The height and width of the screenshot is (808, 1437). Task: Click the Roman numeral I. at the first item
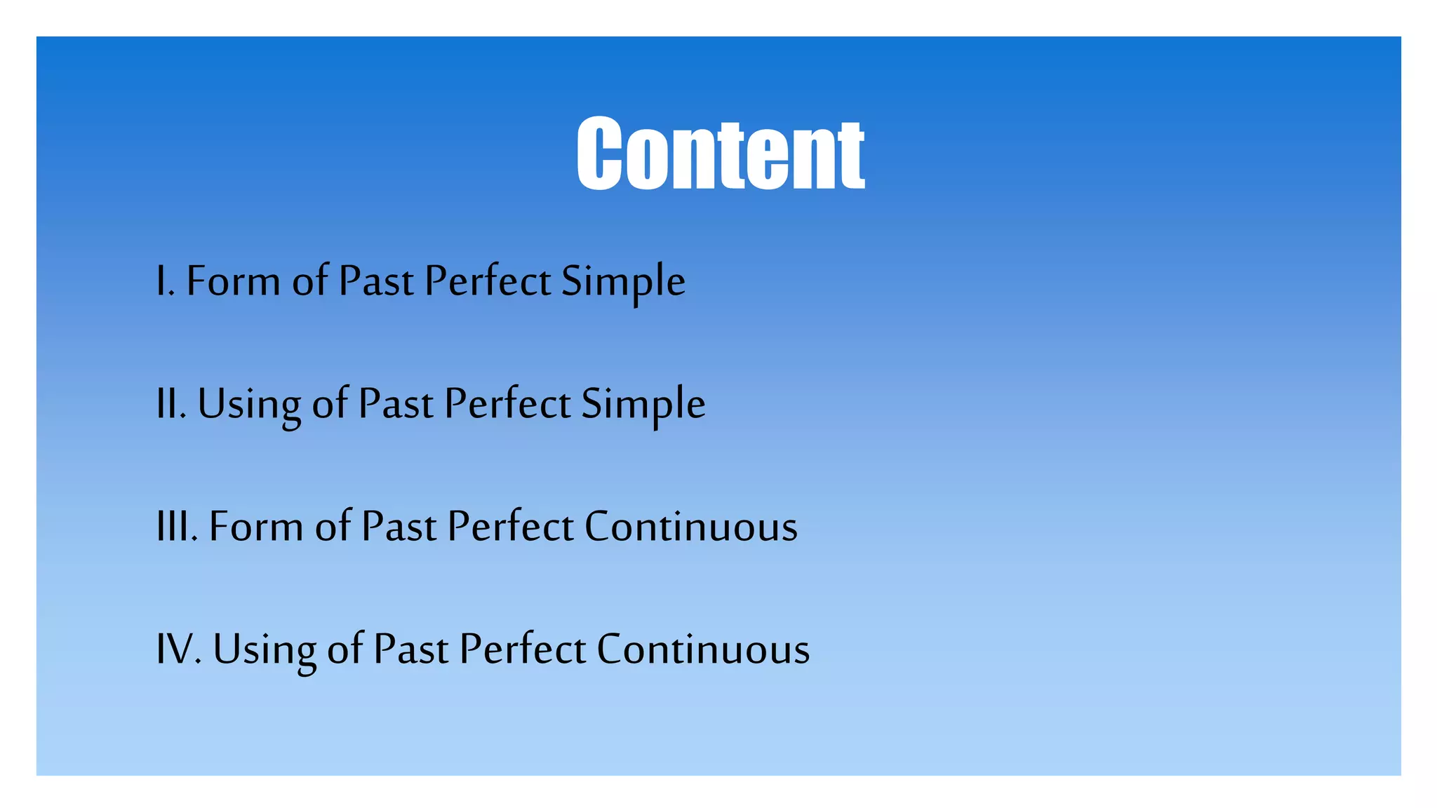pyautogui.click(x=165, y=281)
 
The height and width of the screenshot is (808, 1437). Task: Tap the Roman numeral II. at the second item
pyautogui.click(x=171, y=404)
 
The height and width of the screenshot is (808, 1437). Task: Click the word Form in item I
pyautogui.click(x=233, y=281)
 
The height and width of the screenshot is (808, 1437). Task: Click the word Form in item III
pyautogui.click(x=255, y=527)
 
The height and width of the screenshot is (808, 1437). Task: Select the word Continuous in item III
pyautogui.click(x=691, y=527)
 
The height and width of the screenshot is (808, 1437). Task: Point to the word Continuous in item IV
pyautogui.click(x=703, y=649)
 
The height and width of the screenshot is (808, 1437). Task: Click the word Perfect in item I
pyautogui.click(x=488, y=281)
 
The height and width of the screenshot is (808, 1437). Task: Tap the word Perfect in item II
pyautogui.click(x=507, y=404)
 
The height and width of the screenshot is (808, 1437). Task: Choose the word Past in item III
pyautogui.click(x=399, y=527)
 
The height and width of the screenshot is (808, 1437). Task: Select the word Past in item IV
pyautogui.click(x=410, y=649)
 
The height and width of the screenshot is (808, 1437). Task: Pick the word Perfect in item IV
pyautogui.click(x=523, y=649)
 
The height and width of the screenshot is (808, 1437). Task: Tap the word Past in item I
pyautogui.click(x=376, y=281)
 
